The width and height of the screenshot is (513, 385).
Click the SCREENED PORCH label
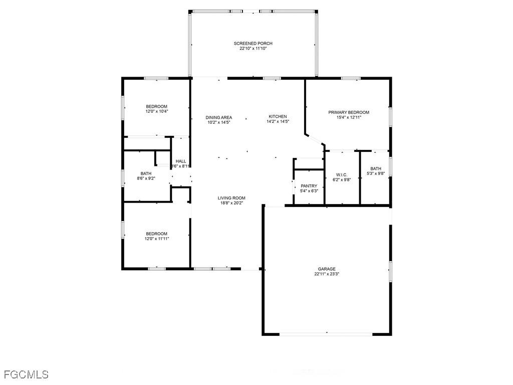point(253,44)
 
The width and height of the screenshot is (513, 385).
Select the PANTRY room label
point(309,186)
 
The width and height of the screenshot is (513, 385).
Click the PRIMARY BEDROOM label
point(349,112)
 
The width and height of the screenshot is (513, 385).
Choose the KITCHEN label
point(278,116)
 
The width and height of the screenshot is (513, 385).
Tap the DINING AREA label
point(219,117)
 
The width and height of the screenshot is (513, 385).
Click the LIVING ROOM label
point(231,198)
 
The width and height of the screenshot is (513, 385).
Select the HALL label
point(181,161)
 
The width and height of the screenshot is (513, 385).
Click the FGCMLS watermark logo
point(26,374)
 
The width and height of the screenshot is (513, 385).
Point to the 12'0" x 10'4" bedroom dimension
point(157,111)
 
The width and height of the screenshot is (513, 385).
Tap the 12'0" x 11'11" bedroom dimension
point(157,239)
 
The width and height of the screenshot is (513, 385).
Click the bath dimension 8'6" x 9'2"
point(146,178)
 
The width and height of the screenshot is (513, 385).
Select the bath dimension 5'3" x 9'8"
point(376,173)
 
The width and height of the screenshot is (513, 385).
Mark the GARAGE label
point(327,269)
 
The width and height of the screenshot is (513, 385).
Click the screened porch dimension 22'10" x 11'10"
point(253,49)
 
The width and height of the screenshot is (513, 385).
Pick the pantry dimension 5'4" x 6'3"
point(309,191)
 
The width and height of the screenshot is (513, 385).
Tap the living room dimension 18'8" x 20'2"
point(231,203)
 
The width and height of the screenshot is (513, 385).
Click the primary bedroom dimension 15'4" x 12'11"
point(349,117)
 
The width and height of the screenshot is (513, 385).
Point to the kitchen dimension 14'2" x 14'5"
point(278,121)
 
